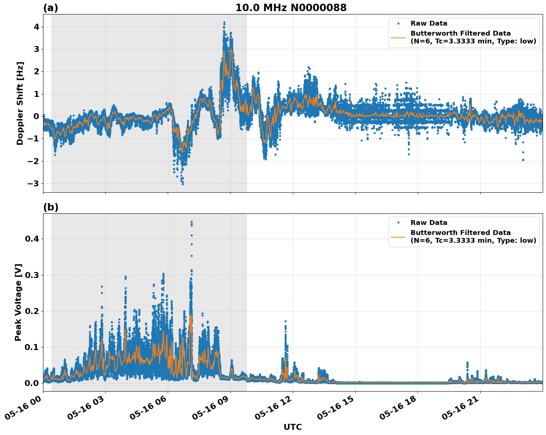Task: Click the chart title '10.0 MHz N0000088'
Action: (291, 8)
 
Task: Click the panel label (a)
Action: (50, 8)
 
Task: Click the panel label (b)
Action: (50, 207)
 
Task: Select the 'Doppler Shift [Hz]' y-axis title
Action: (20, 103)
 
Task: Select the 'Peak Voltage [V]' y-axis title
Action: (18, 302)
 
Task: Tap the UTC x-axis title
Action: (292, 427)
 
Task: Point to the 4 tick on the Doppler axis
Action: (36, 27)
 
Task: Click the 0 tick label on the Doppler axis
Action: (36, 116)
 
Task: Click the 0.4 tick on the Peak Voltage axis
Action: (32, 239)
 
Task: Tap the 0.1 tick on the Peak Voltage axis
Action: (32, 347)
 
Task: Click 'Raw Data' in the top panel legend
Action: (429, 23)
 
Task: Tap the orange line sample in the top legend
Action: (398, 37)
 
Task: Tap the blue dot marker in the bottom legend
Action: (398, 223)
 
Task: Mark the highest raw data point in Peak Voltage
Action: (192, 222)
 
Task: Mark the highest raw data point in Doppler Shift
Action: (224, 23)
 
